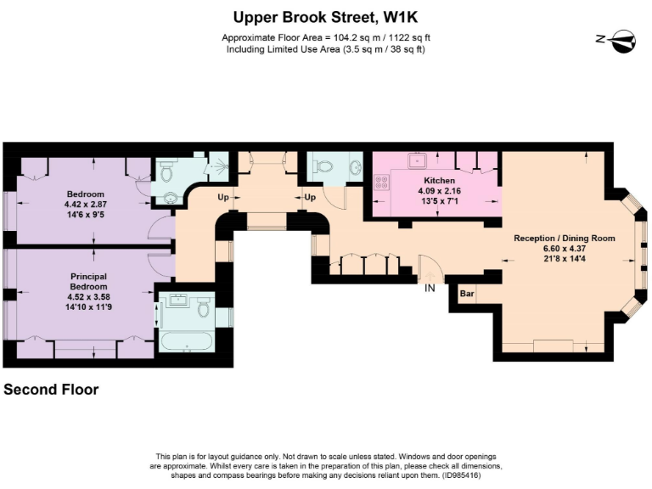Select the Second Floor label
pyautogui.click(x=51, y=390)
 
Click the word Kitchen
pyautogui.click(x=439, y=181)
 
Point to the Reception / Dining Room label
pyautogui.click(x=564, y=239)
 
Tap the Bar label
pyautogui.click(x=466, y=294)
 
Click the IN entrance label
pyautogui.click(x=431, y=289)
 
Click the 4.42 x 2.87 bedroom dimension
pyautogui.click(x=87, y=205)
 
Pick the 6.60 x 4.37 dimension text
pyautogui.click(x=564, y=250)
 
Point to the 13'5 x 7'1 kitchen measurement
pyautogui.click(x=439, y=202)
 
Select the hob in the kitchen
pyautogui.click(x=381, y=182)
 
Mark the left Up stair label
pyautogui.click(x=224, y=198)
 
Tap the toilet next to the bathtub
pyautogui.click(x=204, y=309)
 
